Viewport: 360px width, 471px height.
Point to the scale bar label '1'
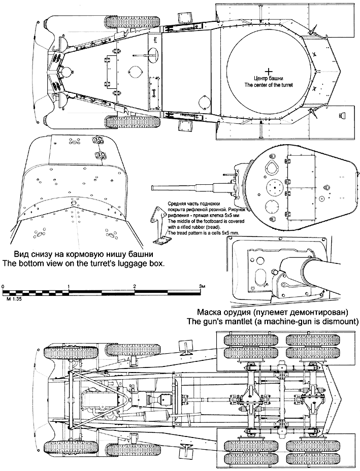pos(69,287)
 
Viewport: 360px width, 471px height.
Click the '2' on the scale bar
pos(135,287)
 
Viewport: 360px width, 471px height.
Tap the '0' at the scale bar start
pos(3,287)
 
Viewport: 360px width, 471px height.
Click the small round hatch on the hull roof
pos(135,72)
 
